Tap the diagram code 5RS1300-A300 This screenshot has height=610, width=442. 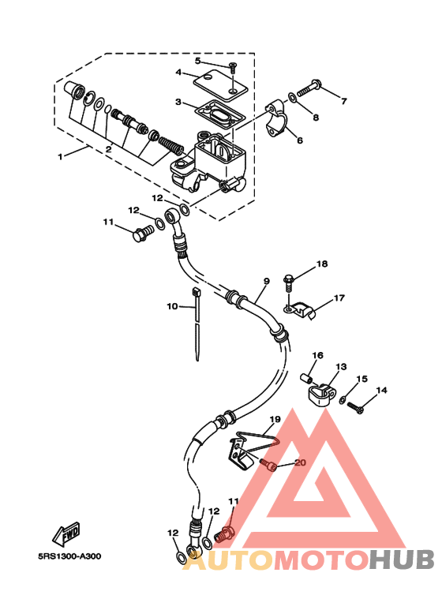point(69,556)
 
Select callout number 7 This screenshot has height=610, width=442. point(343,102)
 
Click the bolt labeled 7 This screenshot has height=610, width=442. point(309,88)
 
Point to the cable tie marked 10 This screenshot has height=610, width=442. point(196,323)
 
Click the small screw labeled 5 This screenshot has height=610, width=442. point(233,69)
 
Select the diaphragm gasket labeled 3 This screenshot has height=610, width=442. point(220,114)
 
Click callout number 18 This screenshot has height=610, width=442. point(322,264)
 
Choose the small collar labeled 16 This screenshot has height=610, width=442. point(306,378)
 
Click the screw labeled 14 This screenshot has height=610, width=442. point(355,408)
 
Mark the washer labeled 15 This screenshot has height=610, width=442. point(343,399)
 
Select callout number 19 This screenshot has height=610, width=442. point(275,419)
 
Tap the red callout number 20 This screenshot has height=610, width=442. point(301,463)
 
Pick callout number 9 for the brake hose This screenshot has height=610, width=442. point(267,281)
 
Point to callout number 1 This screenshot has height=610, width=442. point(60,157)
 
